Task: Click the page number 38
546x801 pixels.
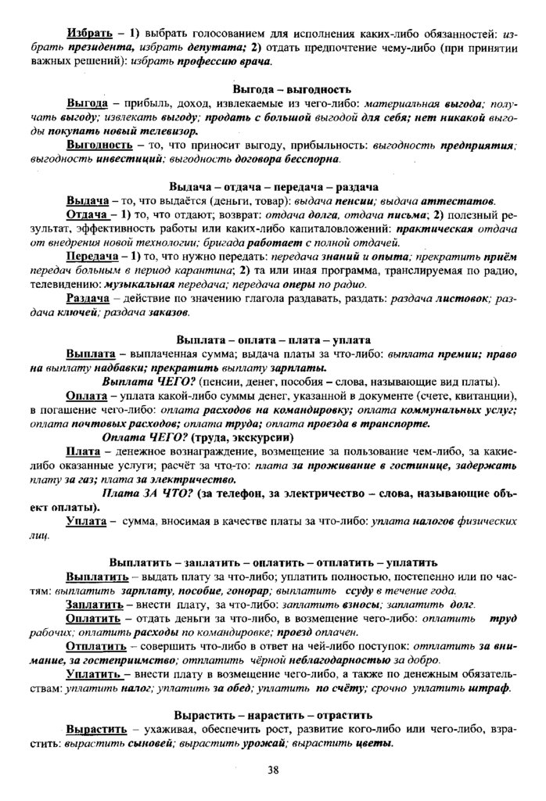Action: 273,770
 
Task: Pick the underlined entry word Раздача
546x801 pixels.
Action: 91,298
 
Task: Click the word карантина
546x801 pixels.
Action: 217,270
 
